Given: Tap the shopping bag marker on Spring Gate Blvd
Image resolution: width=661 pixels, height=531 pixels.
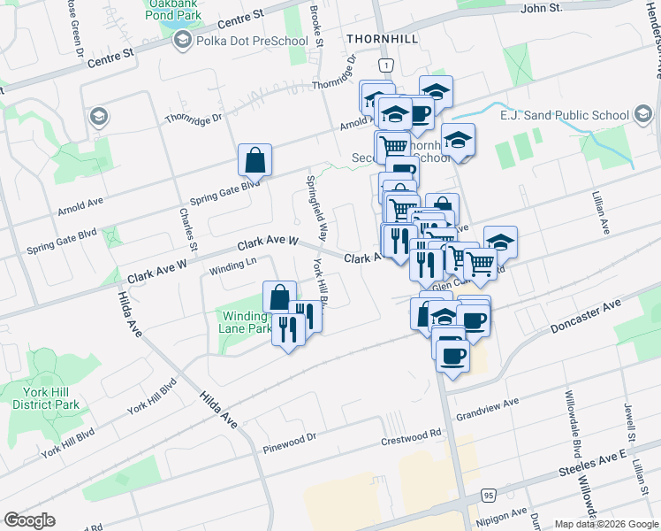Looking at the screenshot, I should point(255,160).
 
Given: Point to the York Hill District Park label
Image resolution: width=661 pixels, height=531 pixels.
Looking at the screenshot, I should point(46,397).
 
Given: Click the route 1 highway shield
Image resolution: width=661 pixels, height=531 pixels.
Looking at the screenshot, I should point(385,65).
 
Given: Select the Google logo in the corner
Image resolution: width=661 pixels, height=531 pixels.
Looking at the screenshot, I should point(29,520).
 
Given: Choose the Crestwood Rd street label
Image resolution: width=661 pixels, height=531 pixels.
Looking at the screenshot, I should point(410,435).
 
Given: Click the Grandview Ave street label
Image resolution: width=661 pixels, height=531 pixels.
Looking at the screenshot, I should point(486,410).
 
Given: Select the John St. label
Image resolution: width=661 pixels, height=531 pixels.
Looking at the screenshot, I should point(542,8).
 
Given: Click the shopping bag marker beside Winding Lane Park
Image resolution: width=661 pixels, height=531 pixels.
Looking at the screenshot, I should point(278,296).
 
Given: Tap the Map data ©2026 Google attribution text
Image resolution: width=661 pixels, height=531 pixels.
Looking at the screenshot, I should point(606,524).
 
